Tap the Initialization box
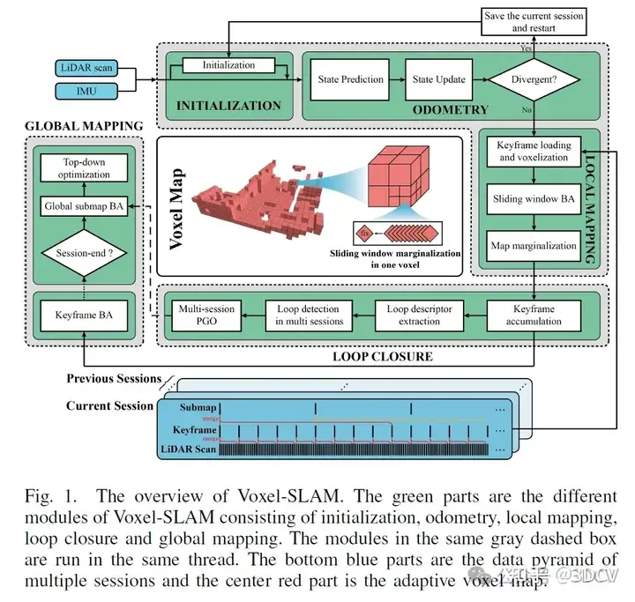228,65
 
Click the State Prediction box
350,79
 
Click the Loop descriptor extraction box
420,316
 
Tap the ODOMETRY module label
451,109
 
